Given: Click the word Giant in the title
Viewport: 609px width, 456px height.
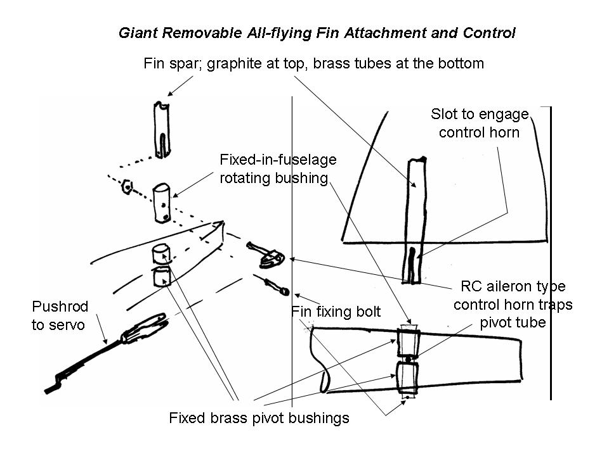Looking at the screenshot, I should [136, 33].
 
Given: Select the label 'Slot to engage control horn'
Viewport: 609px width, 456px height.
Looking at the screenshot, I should [479, 123].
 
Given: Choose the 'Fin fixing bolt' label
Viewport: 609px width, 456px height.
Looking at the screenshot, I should [336, 312].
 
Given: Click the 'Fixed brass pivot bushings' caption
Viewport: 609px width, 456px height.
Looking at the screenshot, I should [259, 418].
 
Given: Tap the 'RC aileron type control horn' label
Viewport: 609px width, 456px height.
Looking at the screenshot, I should [513, 304].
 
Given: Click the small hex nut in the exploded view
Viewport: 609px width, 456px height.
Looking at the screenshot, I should [128, 187].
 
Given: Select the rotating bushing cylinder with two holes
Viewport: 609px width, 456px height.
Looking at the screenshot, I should [162, 203].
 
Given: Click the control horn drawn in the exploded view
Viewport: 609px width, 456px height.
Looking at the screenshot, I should [268, 255].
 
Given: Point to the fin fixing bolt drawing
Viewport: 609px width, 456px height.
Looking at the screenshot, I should [274, 286].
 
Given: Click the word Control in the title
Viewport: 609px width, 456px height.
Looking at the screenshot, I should [490, 33].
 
